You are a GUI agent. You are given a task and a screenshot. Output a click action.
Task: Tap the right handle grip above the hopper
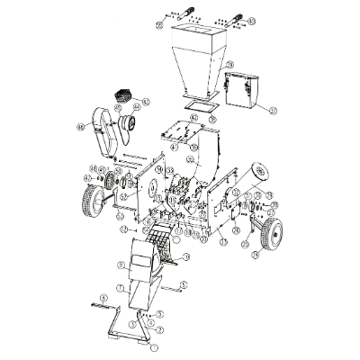(x=235, y=18)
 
